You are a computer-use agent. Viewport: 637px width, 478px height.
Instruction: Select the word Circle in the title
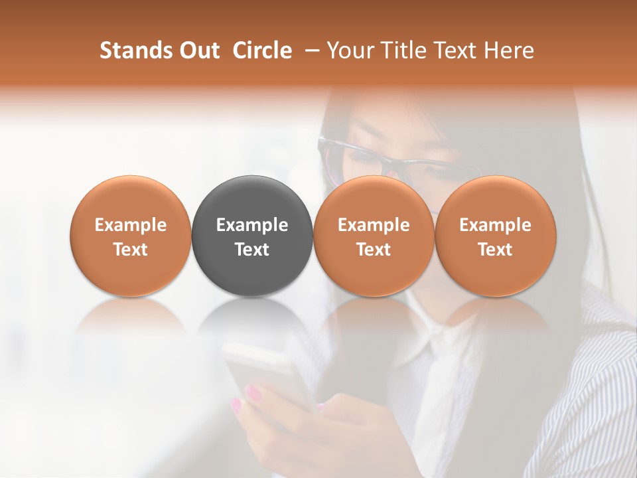coord(262,50)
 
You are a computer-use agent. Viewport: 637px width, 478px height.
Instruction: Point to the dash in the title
coord(310,51)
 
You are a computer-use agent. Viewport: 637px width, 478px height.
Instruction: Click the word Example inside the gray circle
coord(252,225)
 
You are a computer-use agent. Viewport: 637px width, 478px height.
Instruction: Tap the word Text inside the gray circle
coord(252,250)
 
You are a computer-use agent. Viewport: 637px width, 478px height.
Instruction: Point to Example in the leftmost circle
coord(131,225)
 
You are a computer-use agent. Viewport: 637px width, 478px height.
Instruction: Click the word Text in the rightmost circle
coord(496,250)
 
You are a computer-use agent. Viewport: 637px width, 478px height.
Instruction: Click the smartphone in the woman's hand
coord(265,372)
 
